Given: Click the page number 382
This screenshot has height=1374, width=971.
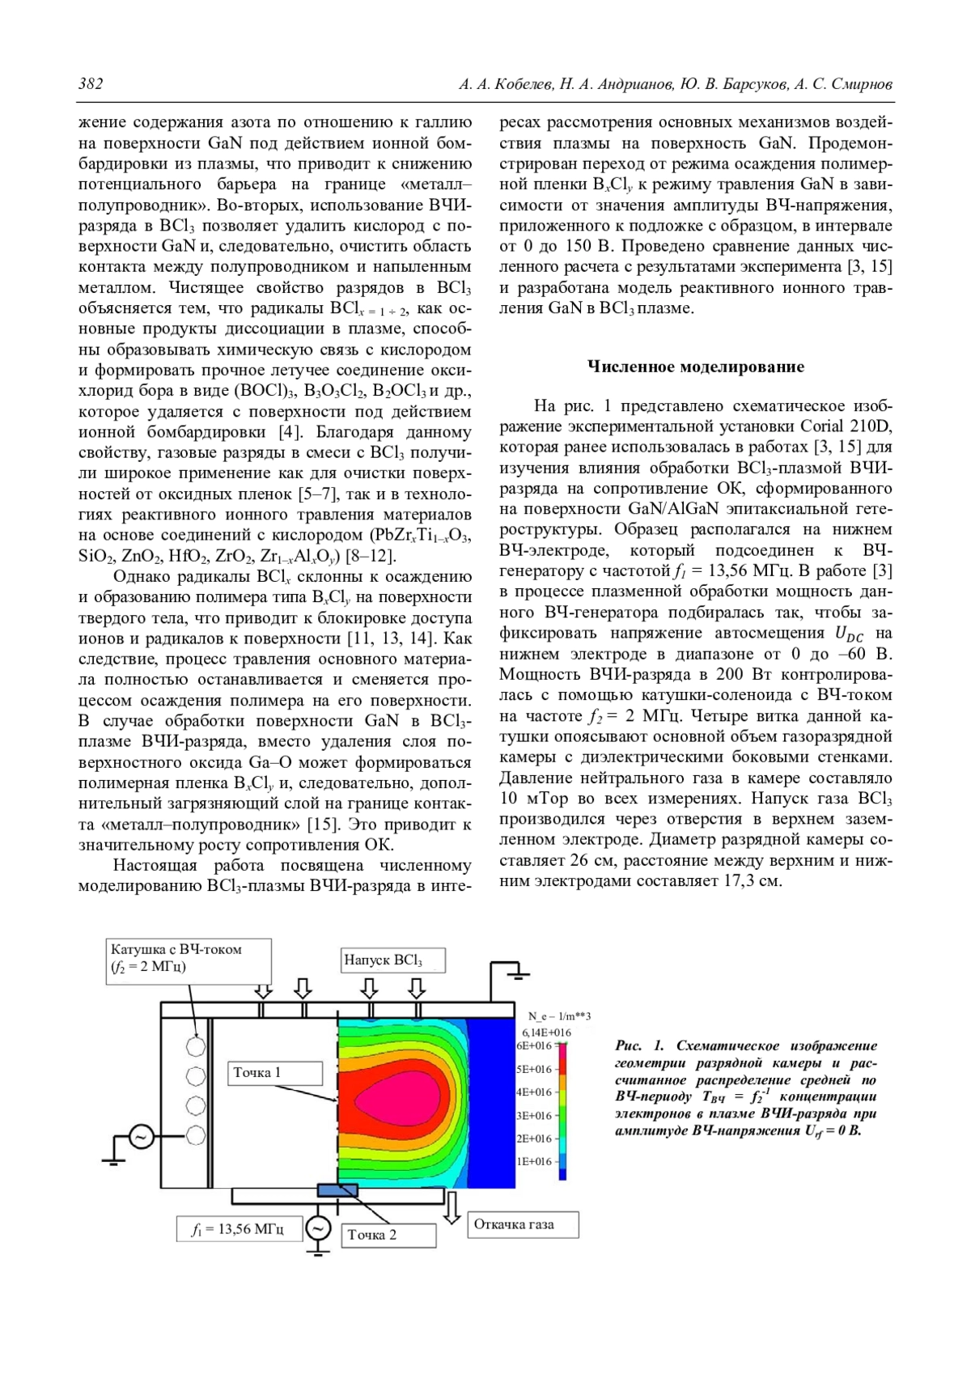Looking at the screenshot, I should pos(91,84).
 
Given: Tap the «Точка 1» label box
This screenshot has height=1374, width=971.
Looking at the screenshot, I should pos(275,1073).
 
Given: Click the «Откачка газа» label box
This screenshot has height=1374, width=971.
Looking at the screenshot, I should pos(524,1224).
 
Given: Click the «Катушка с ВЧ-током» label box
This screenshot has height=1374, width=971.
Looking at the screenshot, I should pos(189,960).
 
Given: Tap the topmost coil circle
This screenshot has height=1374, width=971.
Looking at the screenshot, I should pos(196,1046).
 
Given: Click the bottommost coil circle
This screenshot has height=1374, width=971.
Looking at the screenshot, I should pos(196,1134).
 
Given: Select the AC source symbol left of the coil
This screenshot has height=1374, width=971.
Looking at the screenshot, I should pos(139,1137).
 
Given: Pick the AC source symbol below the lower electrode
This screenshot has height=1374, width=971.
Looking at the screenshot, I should pos(318,1228).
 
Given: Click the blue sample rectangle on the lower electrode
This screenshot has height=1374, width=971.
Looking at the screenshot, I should pos(337,1190).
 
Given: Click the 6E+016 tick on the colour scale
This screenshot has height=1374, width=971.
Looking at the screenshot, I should pos(535,1045).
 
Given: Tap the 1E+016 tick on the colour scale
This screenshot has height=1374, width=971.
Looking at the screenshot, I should pos(535,1162).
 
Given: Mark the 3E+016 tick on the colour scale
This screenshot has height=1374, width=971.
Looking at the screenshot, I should pos(535,1116).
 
